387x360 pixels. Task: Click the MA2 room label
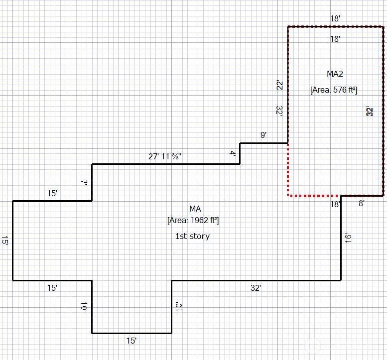coord(335,74)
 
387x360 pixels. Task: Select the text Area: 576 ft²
coord(334,90)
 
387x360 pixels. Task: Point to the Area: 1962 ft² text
coord(193,220)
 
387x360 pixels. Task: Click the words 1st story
coord(192,236)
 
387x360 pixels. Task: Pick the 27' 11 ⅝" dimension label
coord(165,156)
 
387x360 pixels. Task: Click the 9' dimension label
coord(263,135)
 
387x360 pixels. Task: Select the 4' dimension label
coord(233,154)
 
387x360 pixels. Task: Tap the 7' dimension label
coord(84,183)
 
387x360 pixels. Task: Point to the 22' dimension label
coord(279,86)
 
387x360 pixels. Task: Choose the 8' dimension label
coord(362,203)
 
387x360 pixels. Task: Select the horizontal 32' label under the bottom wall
coord(256,288)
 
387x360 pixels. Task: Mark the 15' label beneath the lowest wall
coord(131,341)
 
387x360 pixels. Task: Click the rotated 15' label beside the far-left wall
coord(4,241)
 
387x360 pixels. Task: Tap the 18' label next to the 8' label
coord(335,204)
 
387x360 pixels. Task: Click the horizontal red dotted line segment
coord(314,195)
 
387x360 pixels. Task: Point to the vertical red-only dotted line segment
coord(288,169)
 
